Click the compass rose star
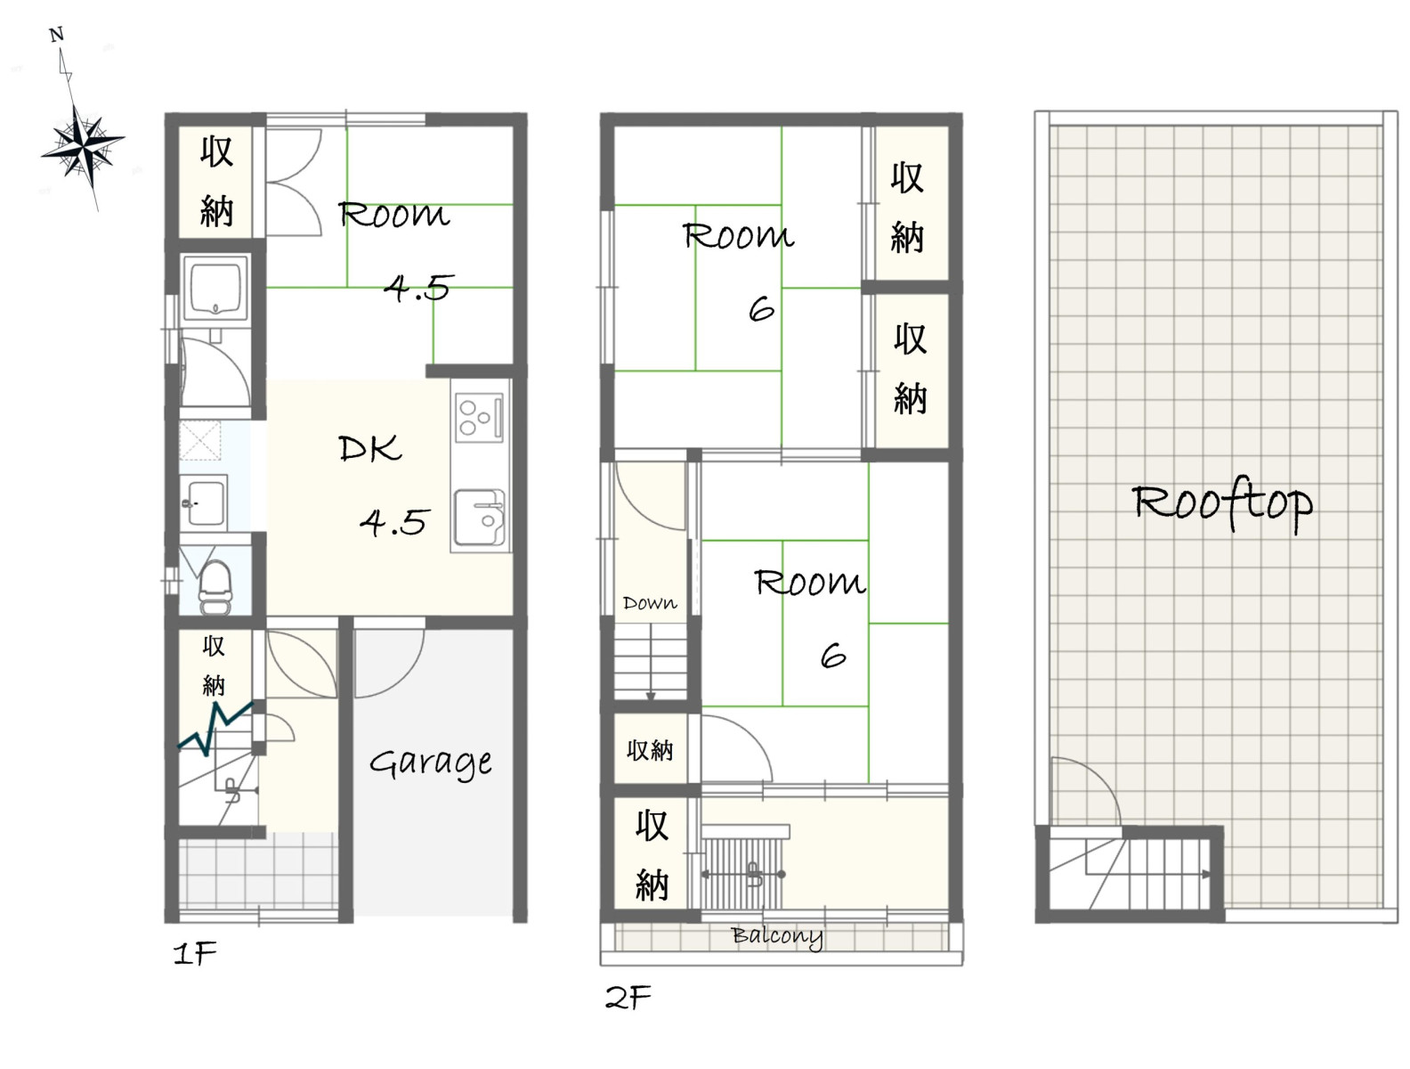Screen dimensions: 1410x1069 [x=83, y=149]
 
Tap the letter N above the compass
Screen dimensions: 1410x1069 [x=57, y=35]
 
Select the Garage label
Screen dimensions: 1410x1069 [x=430, y=763]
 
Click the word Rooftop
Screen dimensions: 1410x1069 [x=1222, y=503]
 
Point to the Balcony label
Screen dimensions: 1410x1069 [x=776, y=936]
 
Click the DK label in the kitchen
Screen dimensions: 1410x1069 [x=370, y=448]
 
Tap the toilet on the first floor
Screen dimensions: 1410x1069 [x=215, y=587]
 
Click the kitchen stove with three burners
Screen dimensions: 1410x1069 [x=479, y=417]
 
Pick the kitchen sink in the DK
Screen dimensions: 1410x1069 [x=479, y=517]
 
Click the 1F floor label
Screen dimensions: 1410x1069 [x=195, y=953]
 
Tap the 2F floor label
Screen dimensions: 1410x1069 [x=628, y=998]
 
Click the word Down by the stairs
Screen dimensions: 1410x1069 [x=650, y=603]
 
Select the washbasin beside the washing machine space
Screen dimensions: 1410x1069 [x=203, y=502]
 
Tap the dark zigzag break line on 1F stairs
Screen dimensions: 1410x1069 [x=215, y=729]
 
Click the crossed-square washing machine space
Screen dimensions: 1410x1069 [x=199, y=440]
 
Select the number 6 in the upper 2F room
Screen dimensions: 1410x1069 [x=762, y=310]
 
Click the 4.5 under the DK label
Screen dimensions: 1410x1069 [x=393, y=521]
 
